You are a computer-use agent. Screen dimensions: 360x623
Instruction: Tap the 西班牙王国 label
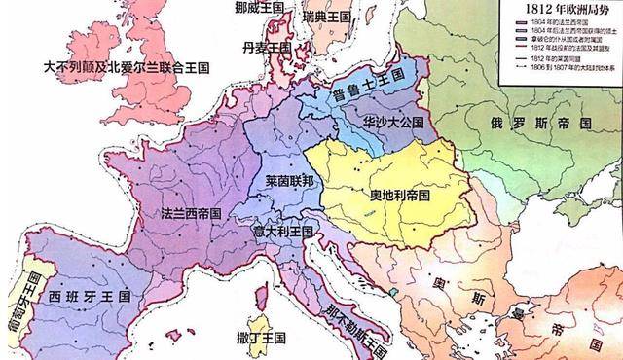coord(84,292)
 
